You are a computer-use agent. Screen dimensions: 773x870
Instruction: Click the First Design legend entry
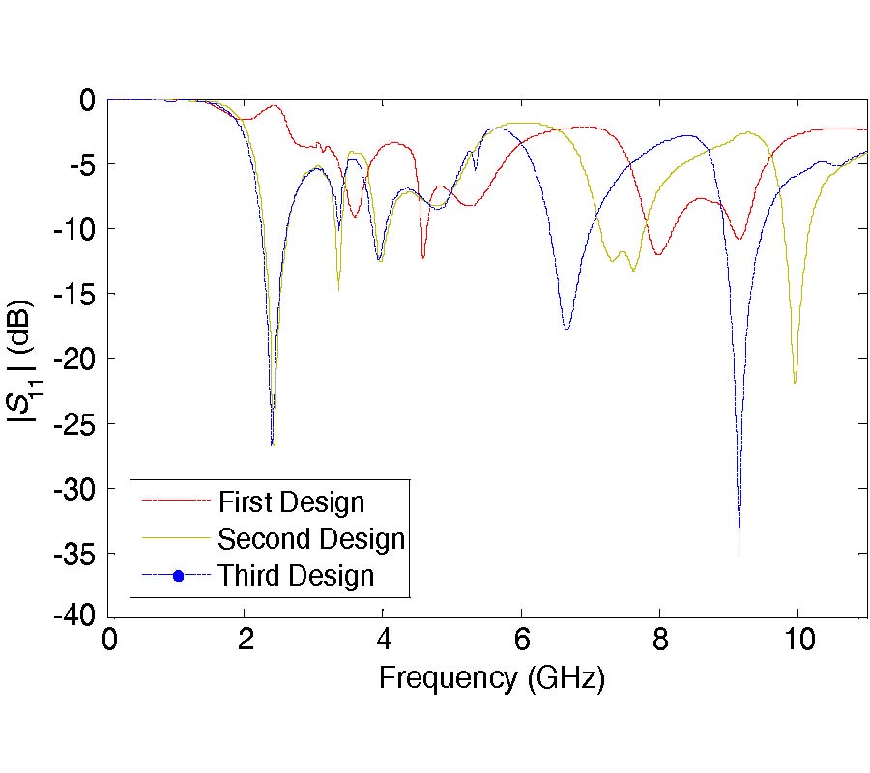coord(291,502)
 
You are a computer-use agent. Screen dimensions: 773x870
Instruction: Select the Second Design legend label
coord(310,538)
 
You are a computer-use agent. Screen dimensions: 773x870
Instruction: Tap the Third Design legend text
coord(295,576)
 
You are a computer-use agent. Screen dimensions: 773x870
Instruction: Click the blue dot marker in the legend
coord(177,577)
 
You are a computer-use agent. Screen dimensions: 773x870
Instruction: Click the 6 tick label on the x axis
coord(521,641)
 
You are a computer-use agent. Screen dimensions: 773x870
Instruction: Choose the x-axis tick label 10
coord(797,641)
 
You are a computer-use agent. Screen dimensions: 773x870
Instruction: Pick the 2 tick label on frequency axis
coord(246,641)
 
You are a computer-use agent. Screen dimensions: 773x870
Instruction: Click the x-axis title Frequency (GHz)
coord(491,678)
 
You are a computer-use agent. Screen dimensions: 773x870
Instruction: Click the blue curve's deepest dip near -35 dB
coord(739,553)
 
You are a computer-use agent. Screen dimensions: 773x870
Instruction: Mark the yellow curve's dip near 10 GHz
coord(795,383)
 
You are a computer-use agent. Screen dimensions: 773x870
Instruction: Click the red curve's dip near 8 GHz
coord(657,254)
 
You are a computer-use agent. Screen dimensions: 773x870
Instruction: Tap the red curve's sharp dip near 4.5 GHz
coord(422,257)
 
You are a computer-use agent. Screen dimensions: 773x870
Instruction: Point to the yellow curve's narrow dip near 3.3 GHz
coord(338,288)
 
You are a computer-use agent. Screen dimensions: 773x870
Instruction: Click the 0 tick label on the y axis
coord(87,99)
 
